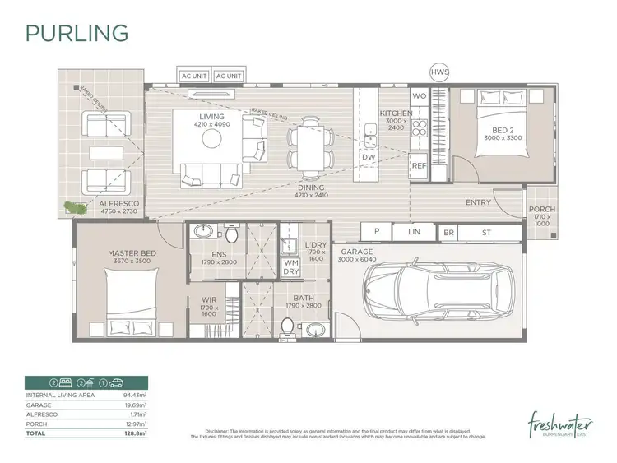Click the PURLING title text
(77, 33)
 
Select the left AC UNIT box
(194, 76)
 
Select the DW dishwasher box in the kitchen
(369, 156)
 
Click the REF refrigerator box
(419, 165)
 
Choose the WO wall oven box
(419, 97)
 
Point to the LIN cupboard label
(414, 233)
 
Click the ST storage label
(486, 233)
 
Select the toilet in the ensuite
(232, 237)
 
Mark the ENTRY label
(478, 202)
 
